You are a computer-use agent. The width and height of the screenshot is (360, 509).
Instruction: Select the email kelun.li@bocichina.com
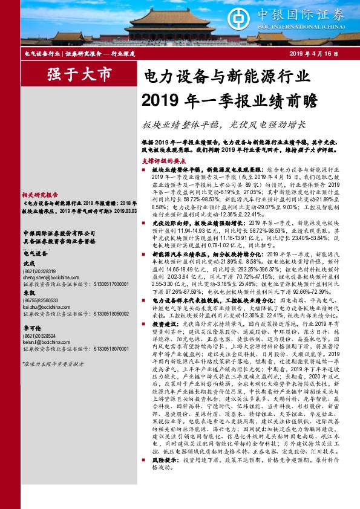48,341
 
